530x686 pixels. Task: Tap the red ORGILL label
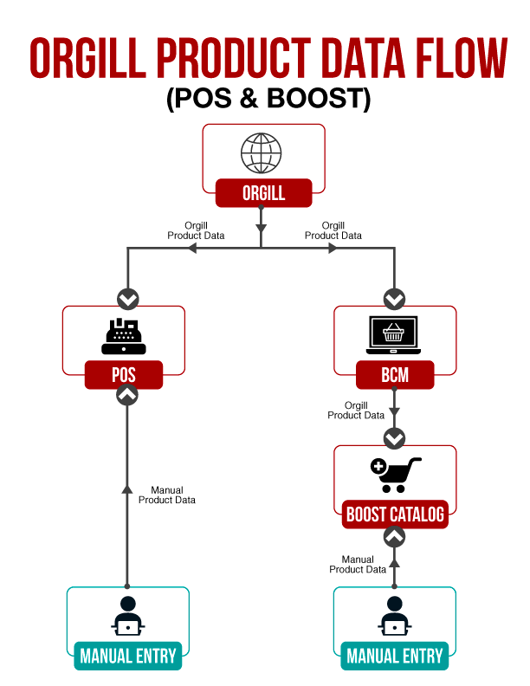pos(263,193)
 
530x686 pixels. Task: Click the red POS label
pos(124,376)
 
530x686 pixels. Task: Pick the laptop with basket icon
pos(394,335)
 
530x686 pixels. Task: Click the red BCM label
pos(394,376)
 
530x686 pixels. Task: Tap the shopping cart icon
pos(395,475)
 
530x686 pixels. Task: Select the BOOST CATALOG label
pos(395,514)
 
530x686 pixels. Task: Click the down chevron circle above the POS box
pos(127,299)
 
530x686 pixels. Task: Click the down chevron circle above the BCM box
pos(394,299)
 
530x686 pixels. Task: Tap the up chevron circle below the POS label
pos(127,395)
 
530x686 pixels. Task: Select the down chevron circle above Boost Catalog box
pos(394,438)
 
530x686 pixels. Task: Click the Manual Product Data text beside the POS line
pos(166,495)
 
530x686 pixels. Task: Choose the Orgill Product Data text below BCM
pos(356,410)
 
